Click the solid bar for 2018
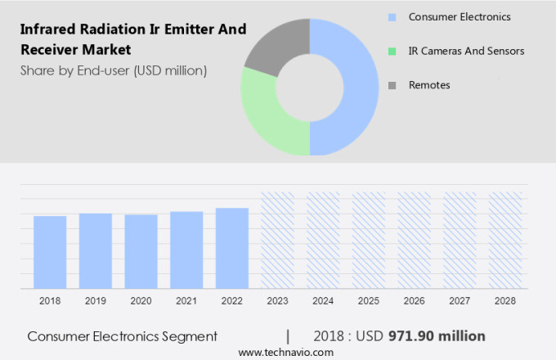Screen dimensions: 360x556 pos(50,252)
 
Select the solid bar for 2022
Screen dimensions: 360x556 pos(232,248)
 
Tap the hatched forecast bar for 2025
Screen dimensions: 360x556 pos(368,240)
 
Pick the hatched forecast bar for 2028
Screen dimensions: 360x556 pos(504,240)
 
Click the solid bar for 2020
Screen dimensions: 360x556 pos(141,251)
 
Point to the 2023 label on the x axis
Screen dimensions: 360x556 pos(277,301)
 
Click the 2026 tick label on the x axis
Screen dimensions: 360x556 pos(414,301)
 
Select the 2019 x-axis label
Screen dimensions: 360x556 pos(95,301)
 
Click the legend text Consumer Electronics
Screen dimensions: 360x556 pos(460,16)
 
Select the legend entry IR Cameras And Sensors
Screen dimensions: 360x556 pos(466,51)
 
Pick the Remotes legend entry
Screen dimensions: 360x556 pos(429,85)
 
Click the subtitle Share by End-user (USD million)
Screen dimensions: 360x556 pos(114,70)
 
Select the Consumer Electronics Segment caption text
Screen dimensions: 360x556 pos(123,336)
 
